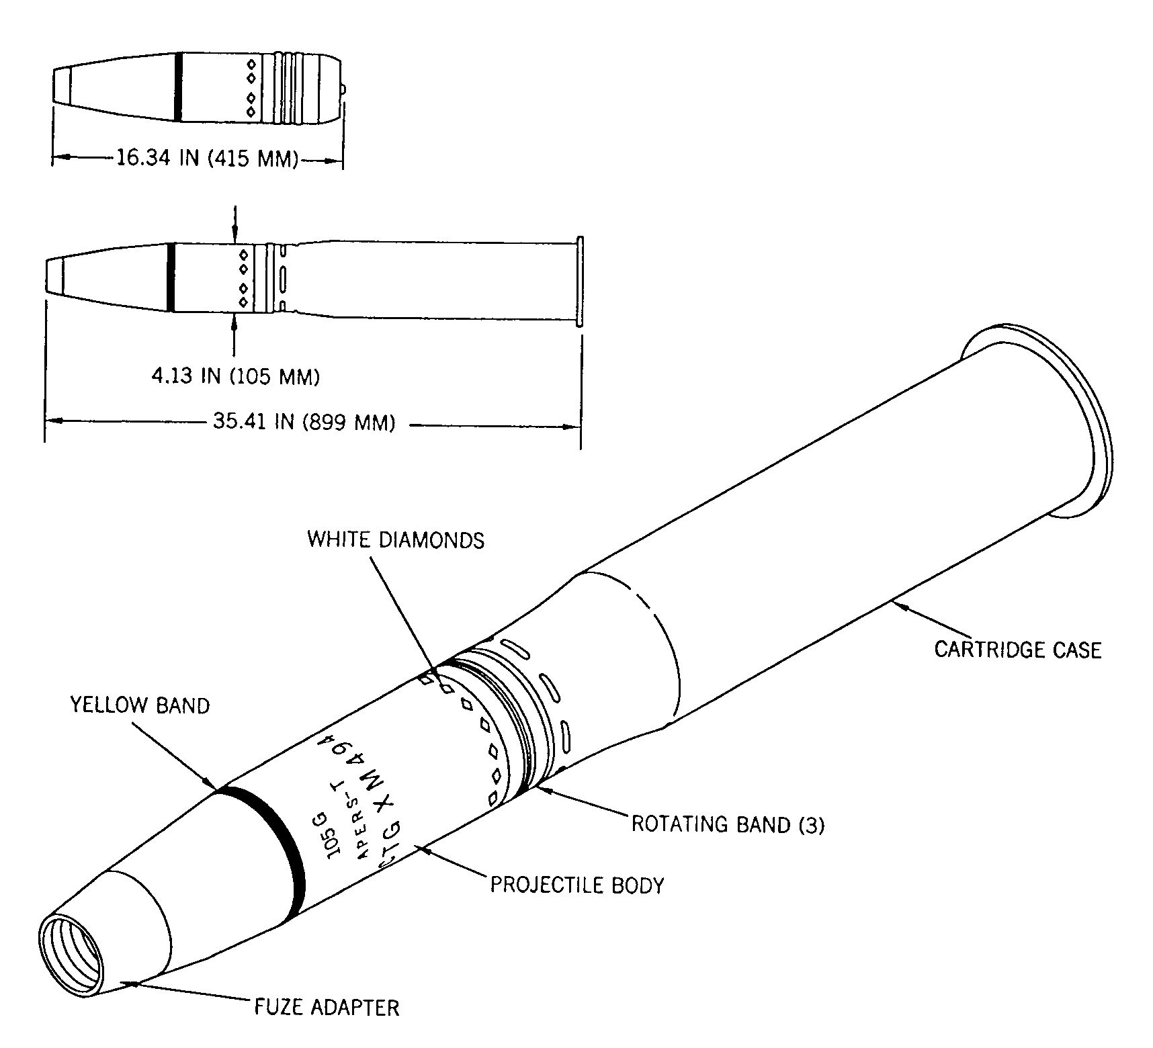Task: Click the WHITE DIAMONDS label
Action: [396, 540]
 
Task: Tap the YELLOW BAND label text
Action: [140, 705]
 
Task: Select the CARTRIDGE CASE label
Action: [1018, 650]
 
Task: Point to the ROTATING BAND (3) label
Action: [728, 824]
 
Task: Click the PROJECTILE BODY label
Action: [577, 885]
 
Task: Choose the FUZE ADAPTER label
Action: [327, 1008]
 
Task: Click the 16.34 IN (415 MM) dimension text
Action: [207, 159]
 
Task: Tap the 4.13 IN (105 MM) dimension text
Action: [235, 376]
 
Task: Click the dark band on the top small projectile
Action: [177, 87]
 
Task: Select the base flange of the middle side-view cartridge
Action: [581, 281]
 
